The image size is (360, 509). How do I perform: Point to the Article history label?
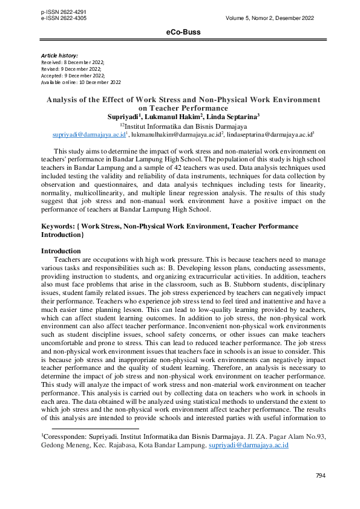tap(59, 56)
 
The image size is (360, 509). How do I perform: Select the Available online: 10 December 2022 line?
tap(80, 82)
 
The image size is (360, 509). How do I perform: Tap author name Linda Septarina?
tap(234, 116)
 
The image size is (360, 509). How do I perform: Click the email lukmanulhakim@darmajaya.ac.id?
tap(175, 136)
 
